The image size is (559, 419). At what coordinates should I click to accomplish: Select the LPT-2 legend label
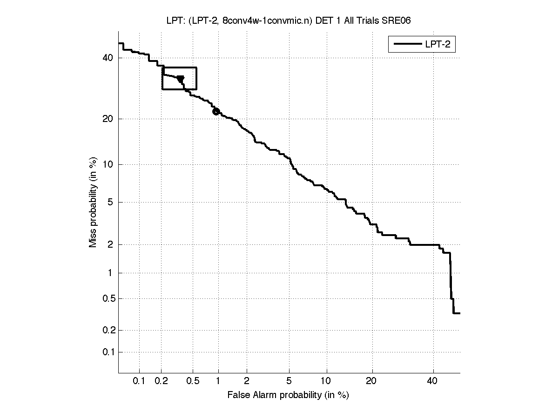pos(439,44)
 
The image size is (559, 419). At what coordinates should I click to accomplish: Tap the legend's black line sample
pos(407,44)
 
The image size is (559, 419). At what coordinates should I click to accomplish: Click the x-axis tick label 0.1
pos(140,381)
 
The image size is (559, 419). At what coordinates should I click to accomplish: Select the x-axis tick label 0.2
pos(161,381)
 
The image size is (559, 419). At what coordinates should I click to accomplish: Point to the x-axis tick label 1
pos(218,381)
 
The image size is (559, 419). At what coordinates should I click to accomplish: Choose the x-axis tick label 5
pos(289,381)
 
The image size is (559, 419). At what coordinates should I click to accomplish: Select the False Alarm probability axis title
pos(288,395)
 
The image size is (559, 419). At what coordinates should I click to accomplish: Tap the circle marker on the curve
pos(216,111)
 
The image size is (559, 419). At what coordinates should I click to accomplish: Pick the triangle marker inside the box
pos(181,79)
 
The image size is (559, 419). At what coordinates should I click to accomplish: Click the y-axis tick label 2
pos(111,244)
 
